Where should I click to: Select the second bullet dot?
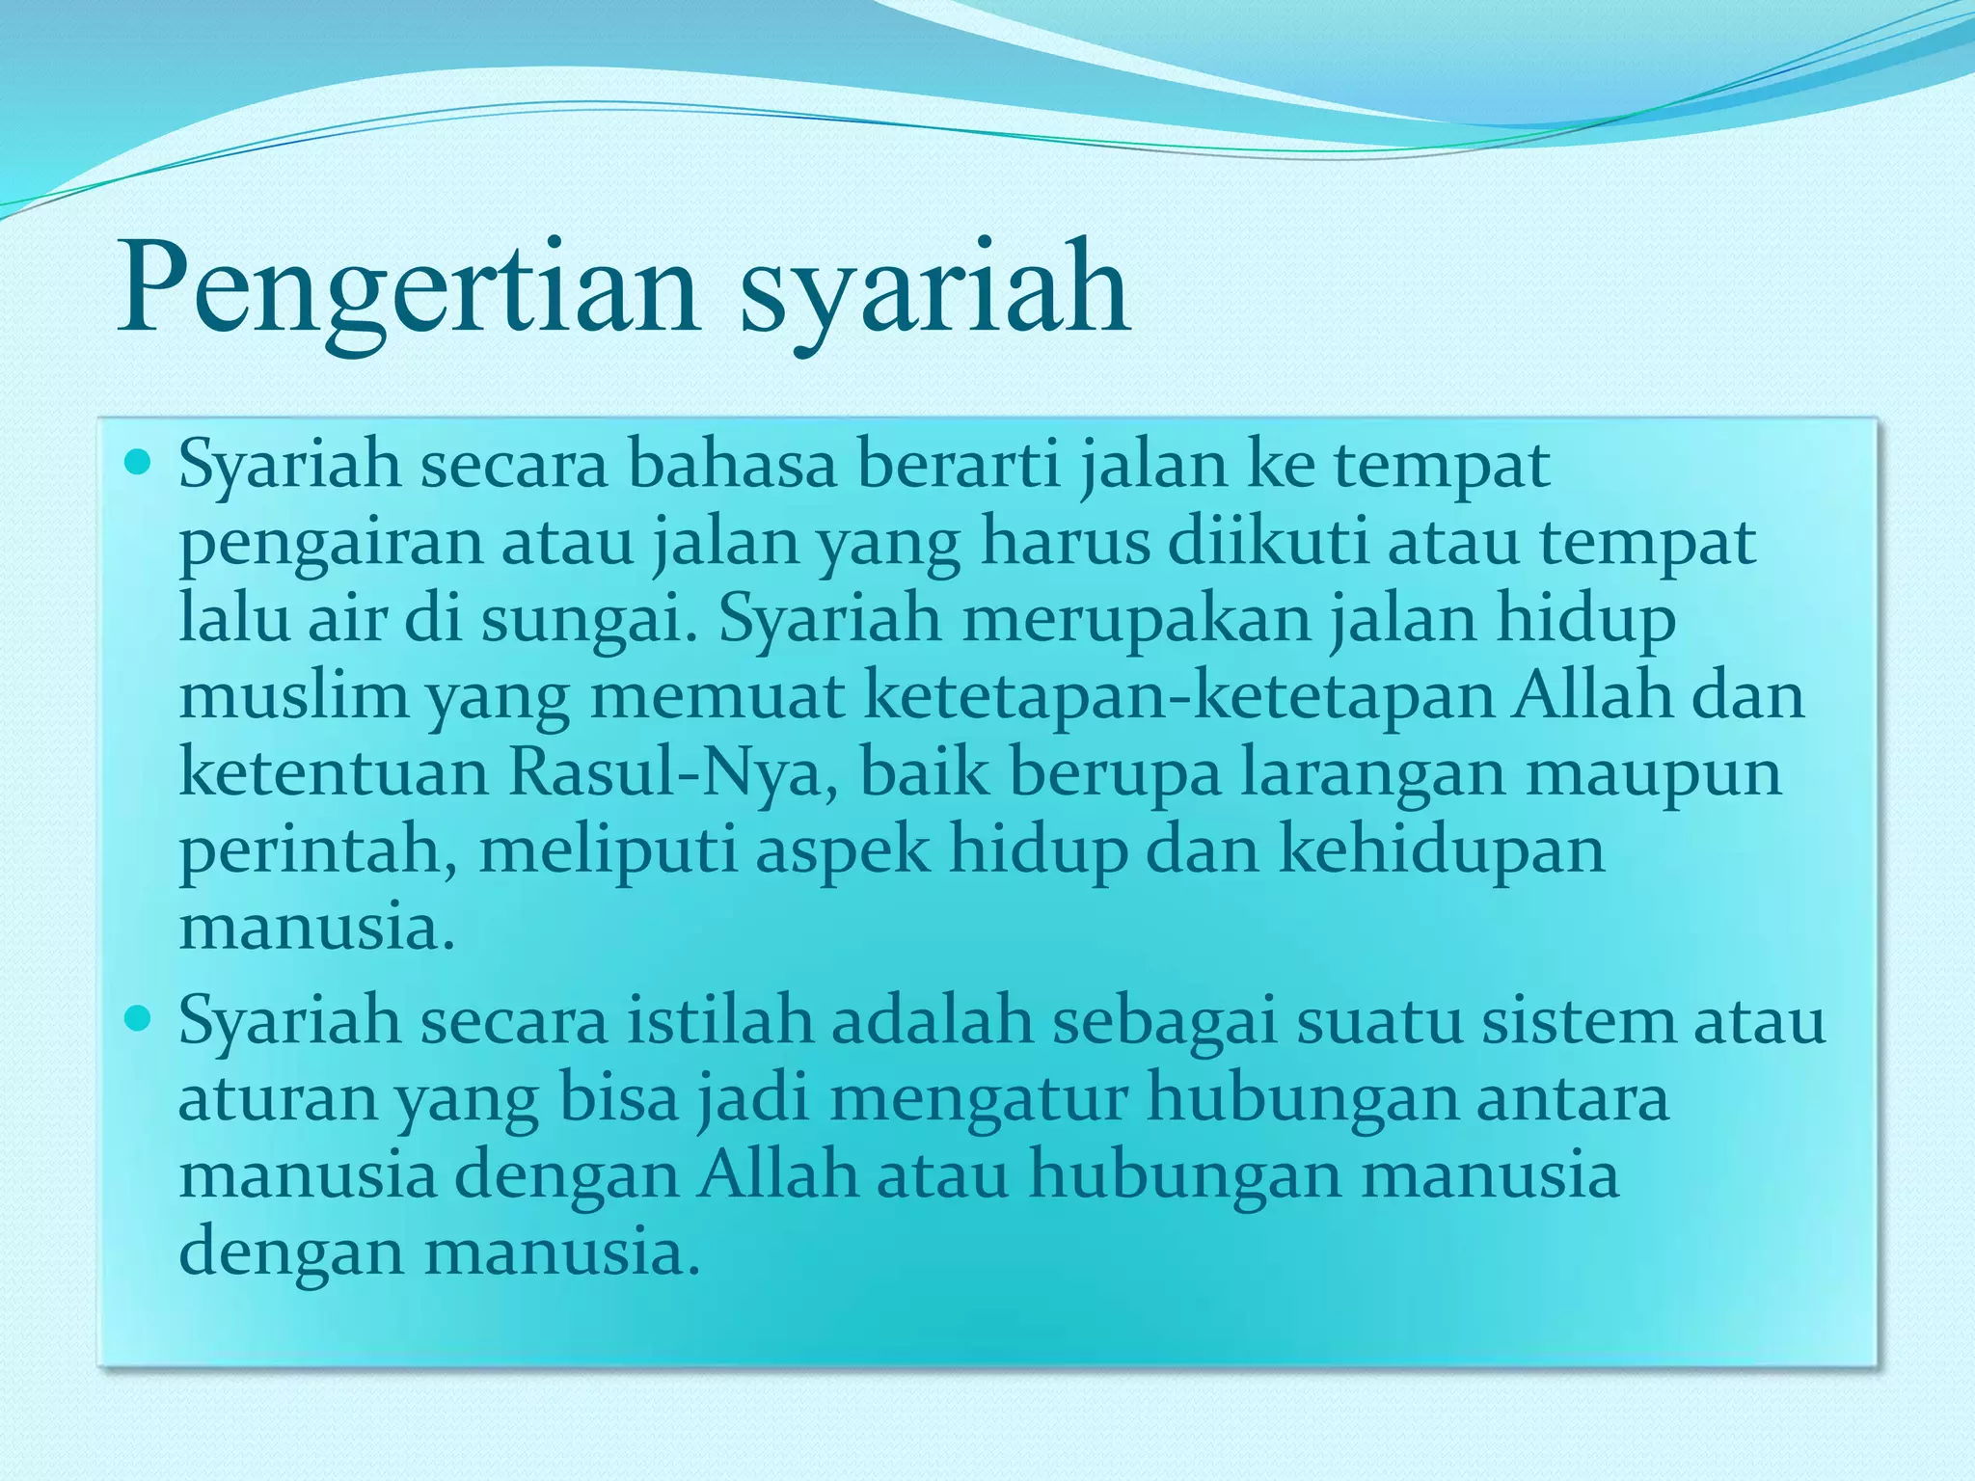click(x=141, y=1019)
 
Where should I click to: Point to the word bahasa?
click(x=732, y=465)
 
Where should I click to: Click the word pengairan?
click(x=330, y=543)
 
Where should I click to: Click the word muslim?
click(x=293, y=695)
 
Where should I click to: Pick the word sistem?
click(x=1579, y=1021)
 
